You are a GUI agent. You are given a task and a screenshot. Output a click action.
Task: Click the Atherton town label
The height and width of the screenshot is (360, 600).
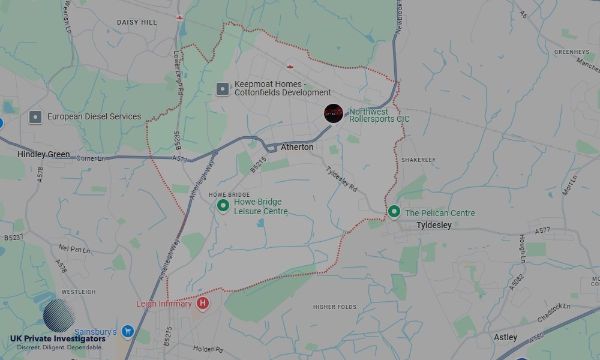297,147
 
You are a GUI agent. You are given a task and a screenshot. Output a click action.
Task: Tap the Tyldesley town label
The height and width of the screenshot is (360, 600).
434,225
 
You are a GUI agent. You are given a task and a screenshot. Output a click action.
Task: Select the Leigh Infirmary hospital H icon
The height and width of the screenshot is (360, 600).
203,304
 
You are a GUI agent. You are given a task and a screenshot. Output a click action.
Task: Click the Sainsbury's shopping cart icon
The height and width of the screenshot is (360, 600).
127,331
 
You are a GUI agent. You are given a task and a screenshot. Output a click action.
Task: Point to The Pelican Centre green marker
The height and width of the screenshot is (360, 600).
394,211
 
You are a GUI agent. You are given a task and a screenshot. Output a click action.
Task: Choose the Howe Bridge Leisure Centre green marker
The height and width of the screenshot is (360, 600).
223,206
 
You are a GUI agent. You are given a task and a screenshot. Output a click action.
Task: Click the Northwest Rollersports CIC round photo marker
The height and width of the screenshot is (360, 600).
333,113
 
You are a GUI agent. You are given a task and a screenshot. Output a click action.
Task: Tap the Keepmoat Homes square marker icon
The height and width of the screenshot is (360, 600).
223,89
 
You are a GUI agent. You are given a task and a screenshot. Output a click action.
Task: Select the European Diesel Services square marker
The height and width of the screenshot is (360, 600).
35,117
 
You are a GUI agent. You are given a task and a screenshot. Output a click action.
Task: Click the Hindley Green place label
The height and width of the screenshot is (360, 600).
44,154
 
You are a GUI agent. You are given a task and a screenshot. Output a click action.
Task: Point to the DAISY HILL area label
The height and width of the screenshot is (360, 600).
137,22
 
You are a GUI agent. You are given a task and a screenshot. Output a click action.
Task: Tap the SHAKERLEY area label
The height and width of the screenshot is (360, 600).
418,160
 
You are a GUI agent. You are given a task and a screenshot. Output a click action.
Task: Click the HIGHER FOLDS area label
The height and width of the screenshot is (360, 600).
335,307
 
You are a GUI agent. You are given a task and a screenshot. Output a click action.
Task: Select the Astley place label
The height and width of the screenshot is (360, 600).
505,337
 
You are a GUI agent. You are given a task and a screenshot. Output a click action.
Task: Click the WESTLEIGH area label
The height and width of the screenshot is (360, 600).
79,292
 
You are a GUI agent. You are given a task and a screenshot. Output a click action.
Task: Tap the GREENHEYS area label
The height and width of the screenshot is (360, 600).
571,52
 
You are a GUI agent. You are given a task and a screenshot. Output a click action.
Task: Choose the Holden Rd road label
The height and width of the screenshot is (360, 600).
208,349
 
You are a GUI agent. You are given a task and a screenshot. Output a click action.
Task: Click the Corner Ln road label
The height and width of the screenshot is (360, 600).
91,158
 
